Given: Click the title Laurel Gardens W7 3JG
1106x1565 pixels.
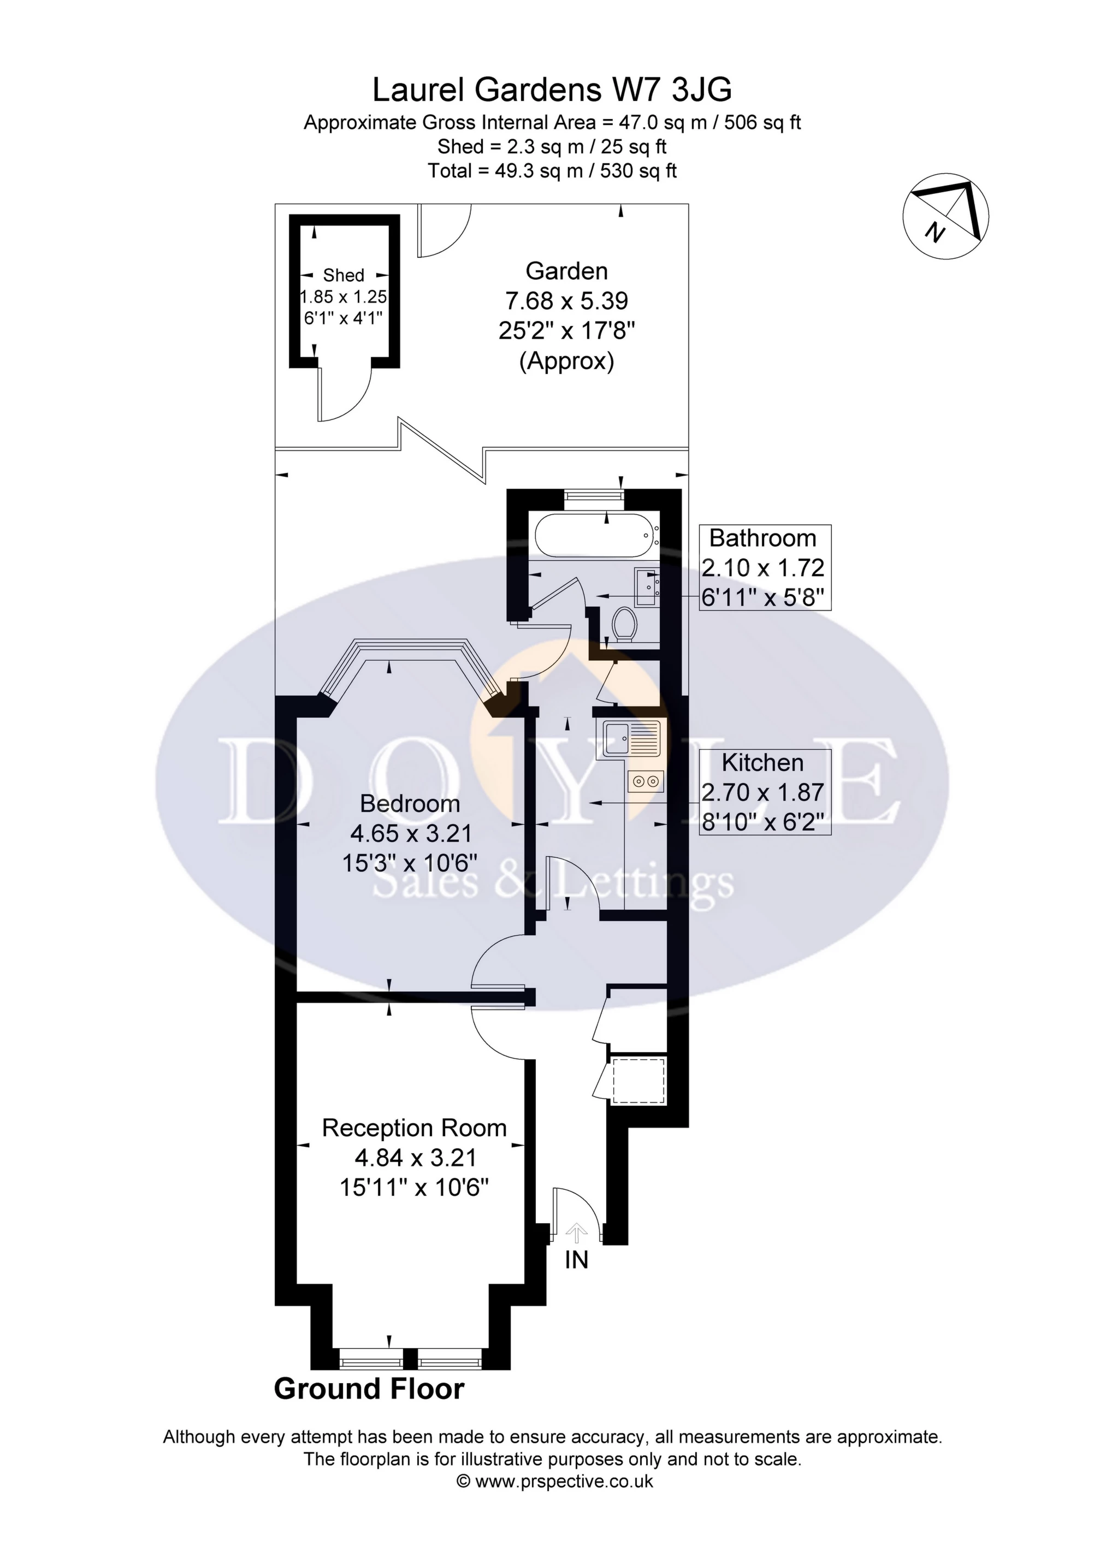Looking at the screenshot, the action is pos(552,90).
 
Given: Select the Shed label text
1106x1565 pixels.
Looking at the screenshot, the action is pos(344,275).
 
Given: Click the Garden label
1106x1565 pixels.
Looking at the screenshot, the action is pos(566,271).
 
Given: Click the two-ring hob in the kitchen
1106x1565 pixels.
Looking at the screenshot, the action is pos(646,782).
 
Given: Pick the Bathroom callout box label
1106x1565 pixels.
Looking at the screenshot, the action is pos(763,538).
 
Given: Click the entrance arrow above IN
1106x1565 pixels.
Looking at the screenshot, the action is pos(577,1232).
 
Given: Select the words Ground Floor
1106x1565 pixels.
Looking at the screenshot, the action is pos(369,1389).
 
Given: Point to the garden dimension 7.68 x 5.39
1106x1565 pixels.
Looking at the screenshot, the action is pos(566,300).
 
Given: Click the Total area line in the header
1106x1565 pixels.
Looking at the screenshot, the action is pos(552,170).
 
